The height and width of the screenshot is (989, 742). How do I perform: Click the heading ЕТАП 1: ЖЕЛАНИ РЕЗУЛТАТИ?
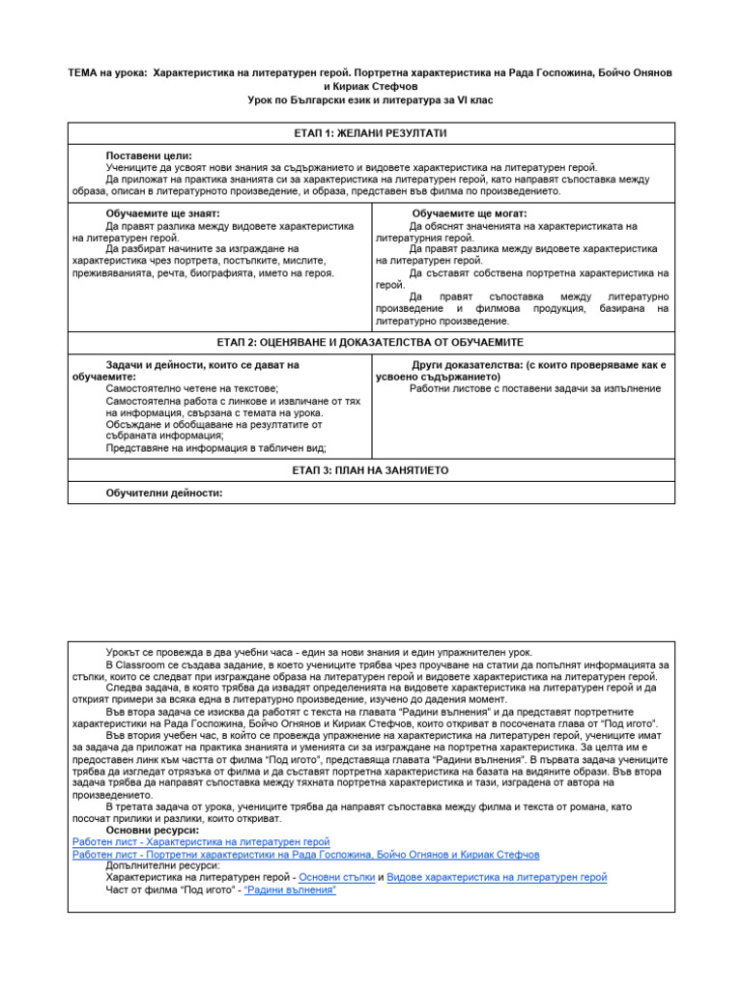pyautogui.click(x=370, y=132)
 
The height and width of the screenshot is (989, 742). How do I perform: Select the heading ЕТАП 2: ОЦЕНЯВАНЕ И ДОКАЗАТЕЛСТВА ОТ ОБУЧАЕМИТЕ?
pyautogui.click(x=370, y=343)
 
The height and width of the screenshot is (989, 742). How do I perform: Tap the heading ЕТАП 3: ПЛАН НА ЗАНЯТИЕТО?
pyautogui.click(x=370, y=470)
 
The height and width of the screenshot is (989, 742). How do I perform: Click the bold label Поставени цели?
pyautogui.click(x=149, y=155)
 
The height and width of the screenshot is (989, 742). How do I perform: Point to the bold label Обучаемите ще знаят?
pyautogui.click(x=162, y=213)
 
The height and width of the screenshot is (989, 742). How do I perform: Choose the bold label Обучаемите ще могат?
pyautogui.click(x=470, y=213)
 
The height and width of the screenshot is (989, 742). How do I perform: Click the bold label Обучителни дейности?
pyautogui.click(x=164, y=494)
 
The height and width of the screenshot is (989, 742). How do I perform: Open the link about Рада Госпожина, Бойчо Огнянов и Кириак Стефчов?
pyautogui.click(x=305, y=854)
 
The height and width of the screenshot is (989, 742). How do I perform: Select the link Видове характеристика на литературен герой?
pyautogui.click(x=497, y=877)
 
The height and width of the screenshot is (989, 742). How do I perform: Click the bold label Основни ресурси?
pyautogui.click(x=153, y=830)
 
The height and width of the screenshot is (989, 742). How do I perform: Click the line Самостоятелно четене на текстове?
pyautogui.click(x=191, y=387)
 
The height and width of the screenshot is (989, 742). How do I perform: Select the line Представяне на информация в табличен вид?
pyautogui.click(x=216, y=448)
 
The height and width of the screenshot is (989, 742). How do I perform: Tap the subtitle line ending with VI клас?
pyautogui.click(x=370, y=100)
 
